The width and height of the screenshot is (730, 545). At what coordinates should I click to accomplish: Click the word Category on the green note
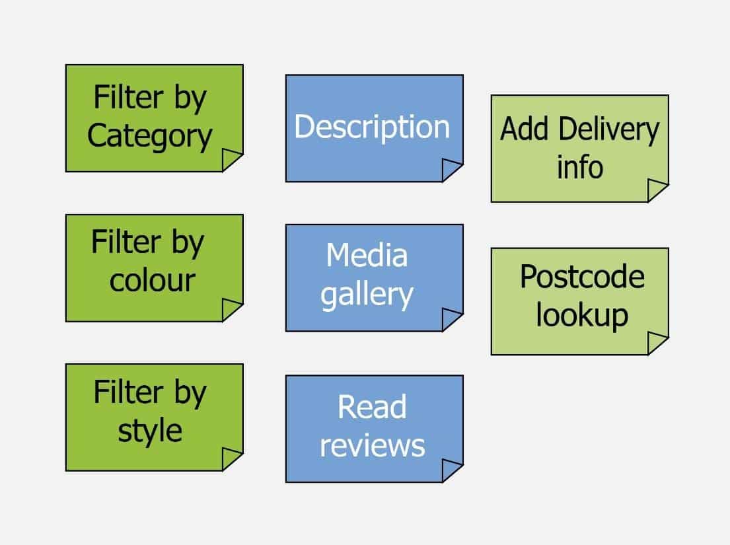click(x=149, y=136)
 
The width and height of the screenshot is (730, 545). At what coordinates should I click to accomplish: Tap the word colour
click(x=152, y=281)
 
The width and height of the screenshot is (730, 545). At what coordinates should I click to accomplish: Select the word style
click(x=150, y=431)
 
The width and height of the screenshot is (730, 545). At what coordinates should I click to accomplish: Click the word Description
click(x=372, y=127)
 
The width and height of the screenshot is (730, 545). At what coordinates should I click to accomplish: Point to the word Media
click(x=367, y=255)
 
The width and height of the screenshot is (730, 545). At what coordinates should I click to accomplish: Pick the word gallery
click(x=367, y=295)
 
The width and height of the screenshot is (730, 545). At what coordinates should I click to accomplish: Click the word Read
click(x=372, y=407)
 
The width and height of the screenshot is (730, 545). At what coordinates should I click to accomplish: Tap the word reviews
click(x=372, y=446)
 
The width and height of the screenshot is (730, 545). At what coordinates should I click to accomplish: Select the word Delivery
click(x=609, y=130)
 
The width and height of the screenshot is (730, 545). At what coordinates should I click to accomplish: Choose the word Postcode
click(x=583, y=277)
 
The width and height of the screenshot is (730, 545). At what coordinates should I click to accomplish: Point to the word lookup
click(x=582, y=316)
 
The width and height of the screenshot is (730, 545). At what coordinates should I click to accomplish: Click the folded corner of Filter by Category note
click(x=231, y=159)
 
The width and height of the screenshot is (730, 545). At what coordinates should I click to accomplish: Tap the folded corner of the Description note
click(x=451, y=169)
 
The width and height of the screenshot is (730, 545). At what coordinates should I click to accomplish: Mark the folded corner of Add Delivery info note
click(x=657, y=190)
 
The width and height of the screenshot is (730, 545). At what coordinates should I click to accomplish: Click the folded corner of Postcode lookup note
click(x=657, y=343)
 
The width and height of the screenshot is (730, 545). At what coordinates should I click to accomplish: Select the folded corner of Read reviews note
click(x=451, y=470)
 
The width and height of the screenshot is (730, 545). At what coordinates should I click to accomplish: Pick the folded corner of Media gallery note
click(x=451, y=319)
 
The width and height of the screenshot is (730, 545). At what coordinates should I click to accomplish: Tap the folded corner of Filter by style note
click(x=231, y=458)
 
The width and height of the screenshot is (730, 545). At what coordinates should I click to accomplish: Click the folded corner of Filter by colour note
click(x=231, y=309)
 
